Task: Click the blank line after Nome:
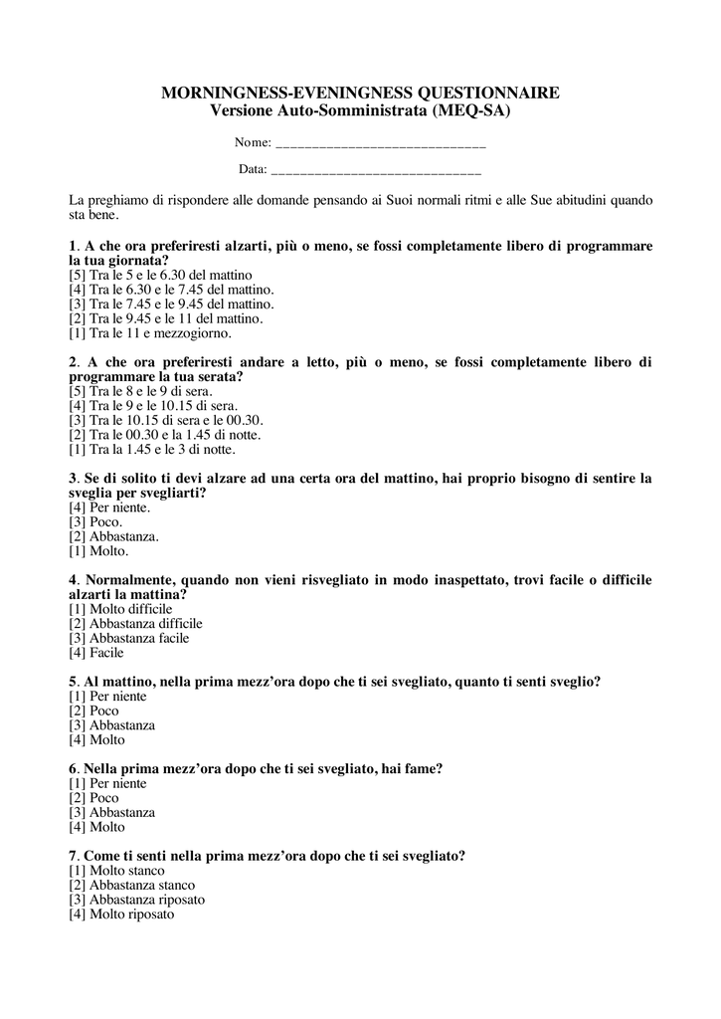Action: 380,145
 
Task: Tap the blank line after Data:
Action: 376,171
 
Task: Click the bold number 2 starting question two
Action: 73,362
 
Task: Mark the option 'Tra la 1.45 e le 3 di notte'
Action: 159,450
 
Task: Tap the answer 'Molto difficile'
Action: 130,609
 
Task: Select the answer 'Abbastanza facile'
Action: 138,638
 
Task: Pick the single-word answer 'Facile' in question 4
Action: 106,653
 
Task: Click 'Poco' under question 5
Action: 103,711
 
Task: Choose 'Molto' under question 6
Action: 106,827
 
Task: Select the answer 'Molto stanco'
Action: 126,871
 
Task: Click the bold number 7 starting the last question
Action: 73,856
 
